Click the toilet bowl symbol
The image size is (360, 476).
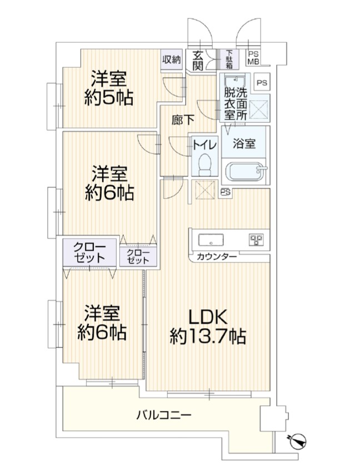click(x=205, y=164)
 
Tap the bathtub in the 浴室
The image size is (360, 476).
click(x=246, y=171)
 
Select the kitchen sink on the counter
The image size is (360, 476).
click(x=211, y=240)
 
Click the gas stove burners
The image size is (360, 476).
click(x=257, y=240)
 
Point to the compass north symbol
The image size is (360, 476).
click(x=297, y=441)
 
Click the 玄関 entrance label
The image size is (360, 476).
click(x=198, y=61)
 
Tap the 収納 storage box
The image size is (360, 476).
click(x=172, y=60)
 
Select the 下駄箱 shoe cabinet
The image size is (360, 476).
click(x=229, y=59)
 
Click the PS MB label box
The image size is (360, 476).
click(x=253, y=58)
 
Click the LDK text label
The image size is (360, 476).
click(x=208, y=317)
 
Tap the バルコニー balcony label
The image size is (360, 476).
click(x=163, y=414)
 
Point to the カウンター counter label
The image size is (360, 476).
click(x=217, y=257)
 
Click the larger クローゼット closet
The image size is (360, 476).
click(x=90, y=252)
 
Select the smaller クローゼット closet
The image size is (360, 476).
click(x=138, y=256)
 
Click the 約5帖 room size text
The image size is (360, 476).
click(x=108, y=97)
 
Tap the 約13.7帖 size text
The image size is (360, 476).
click(x=208, y=336)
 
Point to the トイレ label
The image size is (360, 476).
click(x=205, y=145)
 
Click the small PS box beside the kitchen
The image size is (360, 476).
click(x=225, y=192)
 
